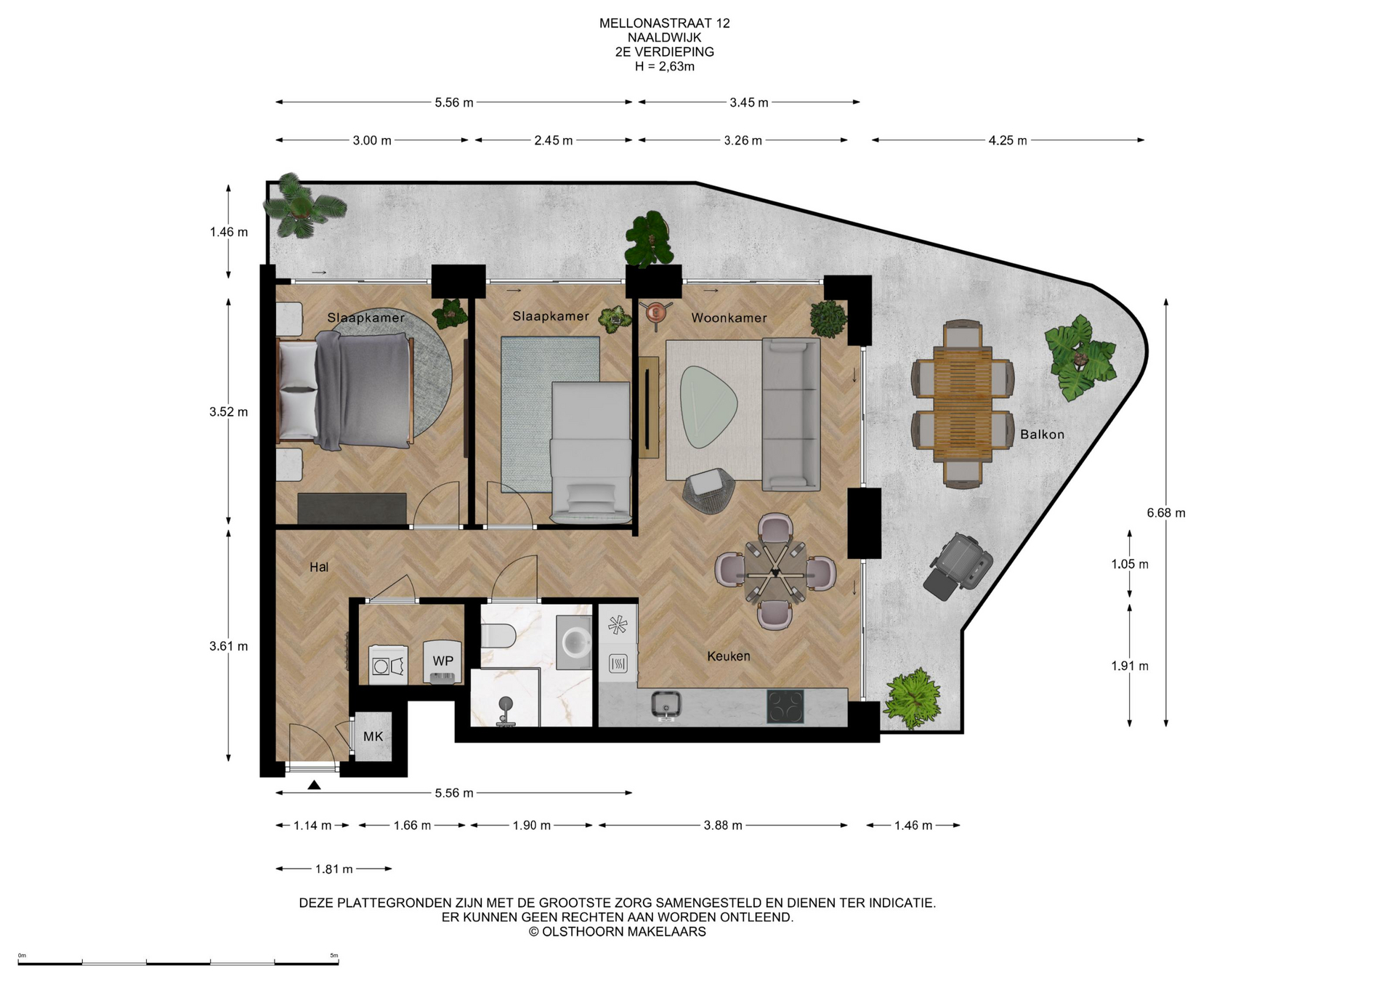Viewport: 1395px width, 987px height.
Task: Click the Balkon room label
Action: coord(1042,435)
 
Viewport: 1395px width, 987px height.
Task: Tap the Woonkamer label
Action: coord(729,318)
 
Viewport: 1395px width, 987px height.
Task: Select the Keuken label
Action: coord(729,656)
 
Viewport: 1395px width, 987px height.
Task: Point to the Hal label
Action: coord(319,567)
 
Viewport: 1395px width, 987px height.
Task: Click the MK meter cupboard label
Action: coord(373,736)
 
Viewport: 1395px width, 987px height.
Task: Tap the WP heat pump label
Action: coord(443,661)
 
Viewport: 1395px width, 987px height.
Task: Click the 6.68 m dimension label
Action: coord(1166,513)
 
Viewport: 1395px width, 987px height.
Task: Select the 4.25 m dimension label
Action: coord(1008,140)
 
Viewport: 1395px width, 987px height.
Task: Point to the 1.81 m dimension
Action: coord(333,869)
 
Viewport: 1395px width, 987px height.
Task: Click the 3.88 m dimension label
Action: coord(723,826)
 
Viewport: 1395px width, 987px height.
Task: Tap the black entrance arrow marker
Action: coord(314,785)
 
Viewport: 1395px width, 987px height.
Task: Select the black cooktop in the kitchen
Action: coord(785,706)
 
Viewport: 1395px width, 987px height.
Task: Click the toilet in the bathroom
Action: coord(498,636)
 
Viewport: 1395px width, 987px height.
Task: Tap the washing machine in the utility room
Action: coord(389,665)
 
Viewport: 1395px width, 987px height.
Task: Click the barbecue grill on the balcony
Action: coord(958,565)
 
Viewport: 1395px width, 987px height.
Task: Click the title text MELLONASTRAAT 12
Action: coord(665,23)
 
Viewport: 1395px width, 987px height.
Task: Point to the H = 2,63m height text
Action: coord(665,67)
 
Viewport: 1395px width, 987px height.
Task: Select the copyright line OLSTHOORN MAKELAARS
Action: coord(618,932)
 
